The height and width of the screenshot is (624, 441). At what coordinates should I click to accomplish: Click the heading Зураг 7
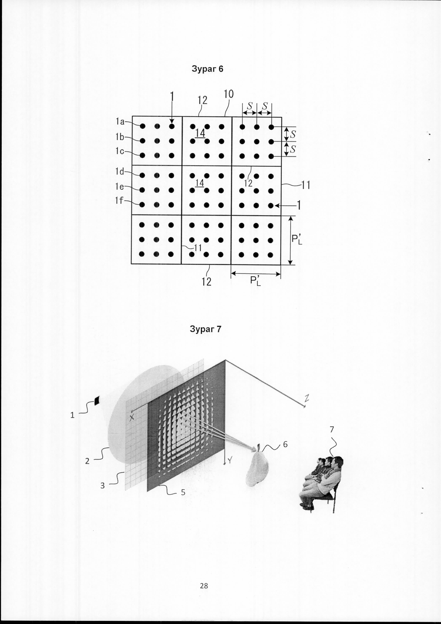[x=206, y=329]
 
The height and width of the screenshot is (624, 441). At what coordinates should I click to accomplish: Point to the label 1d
[x=119, y=172]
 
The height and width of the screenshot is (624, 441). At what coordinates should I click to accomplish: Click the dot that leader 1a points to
[x=143, y=126]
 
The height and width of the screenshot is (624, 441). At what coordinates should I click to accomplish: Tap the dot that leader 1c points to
[x=142, y=155]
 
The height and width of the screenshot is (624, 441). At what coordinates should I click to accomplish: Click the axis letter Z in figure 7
[x=307, y=398]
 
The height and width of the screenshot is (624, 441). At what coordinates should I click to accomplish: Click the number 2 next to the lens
[x=87, y=461]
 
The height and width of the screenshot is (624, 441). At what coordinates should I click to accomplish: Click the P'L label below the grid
[x=255, y=281]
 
